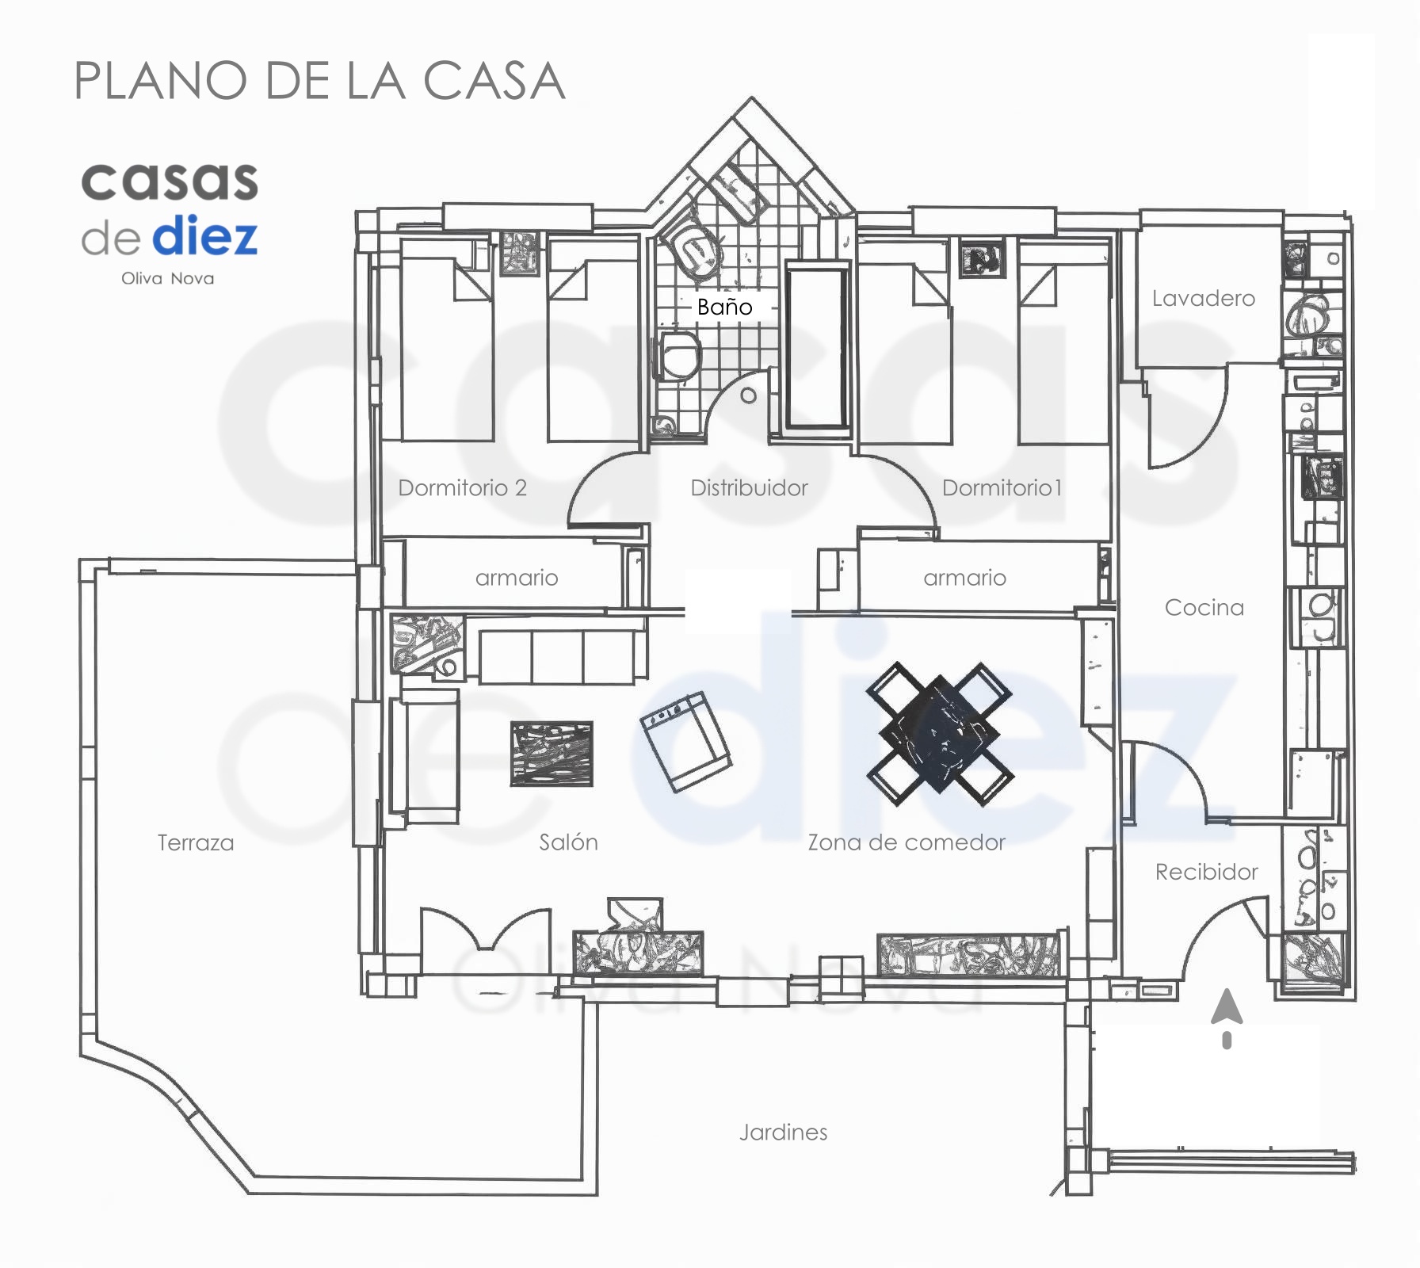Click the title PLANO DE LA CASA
pos(319,81)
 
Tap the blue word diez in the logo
pos(204,235)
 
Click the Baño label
pos(724,307)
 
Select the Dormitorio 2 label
pos(462,487)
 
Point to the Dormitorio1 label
pos(1002,487)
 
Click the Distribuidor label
pos(749,487)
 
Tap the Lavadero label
pos(1203,298)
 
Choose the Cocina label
pos(1204,607)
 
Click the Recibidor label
pos(1206,872)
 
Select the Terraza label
pos(196,842)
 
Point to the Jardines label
pos(783,1132)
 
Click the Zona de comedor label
pos(906,842)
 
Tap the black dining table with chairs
pos(939,734)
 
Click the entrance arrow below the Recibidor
pos(1227,1018)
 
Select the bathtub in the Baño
pos(816,349)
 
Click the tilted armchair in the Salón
pos(685,741)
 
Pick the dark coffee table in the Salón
pos(552,754)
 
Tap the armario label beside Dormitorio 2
pos(517,578)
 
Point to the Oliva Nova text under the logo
pos(167,278)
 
